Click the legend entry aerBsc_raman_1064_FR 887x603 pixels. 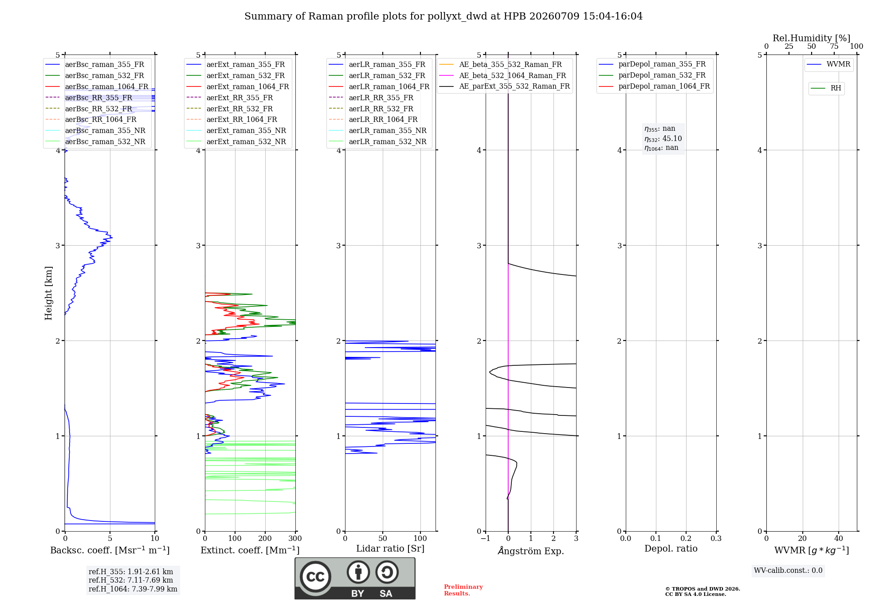(x=97, y=86)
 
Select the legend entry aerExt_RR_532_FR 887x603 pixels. (x=230, y=109)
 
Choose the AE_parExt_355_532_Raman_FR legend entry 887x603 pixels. (x=505, y=86)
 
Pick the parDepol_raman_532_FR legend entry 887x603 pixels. (x=652, y=75)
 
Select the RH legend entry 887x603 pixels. (x=826, y=88)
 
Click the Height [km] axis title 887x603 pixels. (x=48, y=293)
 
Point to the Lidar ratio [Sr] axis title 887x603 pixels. (x=390, y=548)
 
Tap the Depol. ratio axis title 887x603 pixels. (x=671, y=548)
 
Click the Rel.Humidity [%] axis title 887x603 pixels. (x=812, y=38)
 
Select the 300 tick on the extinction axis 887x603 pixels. (x=295, y=539)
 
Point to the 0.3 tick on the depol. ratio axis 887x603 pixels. (x=716, y=539)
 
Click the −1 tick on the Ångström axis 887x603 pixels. (x=486, y=539)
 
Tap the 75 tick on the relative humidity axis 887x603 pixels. (x=834, y=47)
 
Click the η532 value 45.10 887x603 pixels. (x=672, y=138)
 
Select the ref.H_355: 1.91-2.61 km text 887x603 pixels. (x=131, y=572)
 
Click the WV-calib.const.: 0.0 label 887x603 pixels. (x=788, y=571)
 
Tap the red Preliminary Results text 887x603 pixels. (x=463, y=590)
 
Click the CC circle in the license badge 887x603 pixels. (x=315, y=577)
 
